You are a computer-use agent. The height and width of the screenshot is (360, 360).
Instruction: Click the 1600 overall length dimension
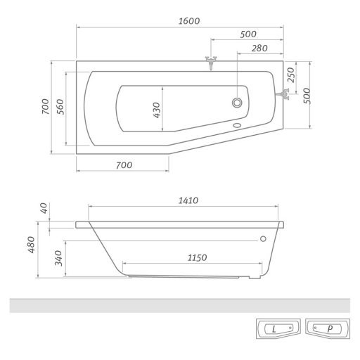[x=189, y=20]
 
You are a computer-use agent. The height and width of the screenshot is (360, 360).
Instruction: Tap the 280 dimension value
[x=259, y=47]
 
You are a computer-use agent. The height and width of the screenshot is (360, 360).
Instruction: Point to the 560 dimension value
[x=61, y=108]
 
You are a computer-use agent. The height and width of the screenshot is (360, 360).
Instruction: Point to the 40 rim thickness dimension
[x=44, y=209]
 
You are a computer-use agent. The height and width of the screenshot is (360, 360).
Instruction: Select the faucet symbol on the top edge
[x=210, y=62]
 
